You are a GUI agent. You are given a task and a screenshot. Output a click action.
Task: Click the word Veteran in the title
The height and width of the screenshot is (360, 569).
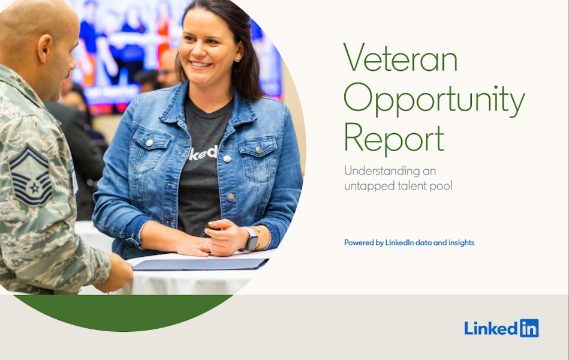401,58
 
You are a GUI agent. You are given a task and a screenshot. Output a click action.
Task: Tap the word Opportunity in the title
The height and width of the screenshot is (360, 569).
434,99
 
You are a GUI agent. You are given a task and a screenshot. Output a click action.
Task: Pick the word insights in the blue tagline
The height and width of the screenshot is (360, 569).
462,242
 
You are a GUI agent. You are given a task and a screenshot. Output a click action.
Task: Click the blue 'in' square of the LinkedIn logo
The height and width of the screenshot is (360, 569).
529,328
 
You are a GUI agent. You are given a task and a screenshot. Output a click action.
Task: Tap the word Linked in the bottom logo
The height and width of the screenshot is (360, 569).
490,328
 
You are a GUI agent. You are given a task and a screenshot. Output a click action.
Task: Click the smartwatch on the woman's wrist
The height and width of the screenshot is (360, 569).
251,239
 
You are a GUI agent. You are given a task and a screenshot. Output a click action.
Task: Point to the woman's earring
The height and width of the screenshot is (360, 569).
237,58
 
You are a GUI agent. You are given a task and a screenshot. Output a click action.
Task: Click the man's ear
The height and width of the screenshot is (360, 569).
45,48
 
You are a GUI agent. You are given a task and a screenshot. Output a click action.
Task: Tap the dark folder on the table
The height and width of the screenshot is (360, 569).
201,264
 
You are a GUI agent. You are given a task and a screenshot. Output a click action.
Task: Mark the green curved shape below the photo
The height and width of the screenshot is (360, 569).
124,311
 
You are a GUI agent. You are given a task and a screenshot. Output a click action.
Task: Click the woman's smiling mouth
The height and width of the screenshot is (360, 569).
201,65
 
